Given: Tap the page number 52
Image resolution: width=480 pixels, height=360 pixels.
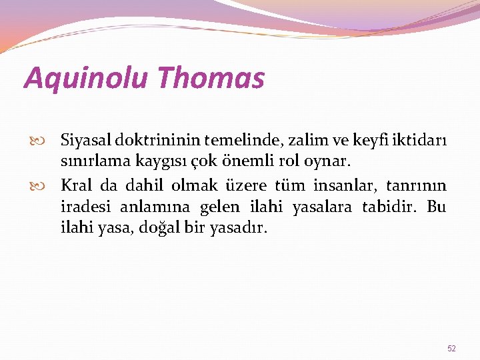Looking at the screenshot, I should tap(451, 348).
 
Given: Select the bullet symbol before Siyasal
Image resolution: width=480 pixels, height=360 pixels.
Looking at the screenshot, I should tap(48, 141).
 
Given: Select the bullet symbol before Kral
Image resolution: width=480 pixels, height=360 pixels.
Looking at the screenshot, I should tap(48, 185).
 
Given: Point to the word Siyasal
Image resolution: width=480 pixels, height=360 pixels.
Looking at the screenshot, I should tap(85, 141).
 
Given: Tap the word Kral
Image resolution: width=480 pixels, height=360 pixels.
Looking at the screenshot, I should tap(78, 185).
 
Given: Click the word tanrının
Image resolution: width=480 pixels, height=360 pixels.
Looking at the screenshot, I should tap(416, 185).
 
